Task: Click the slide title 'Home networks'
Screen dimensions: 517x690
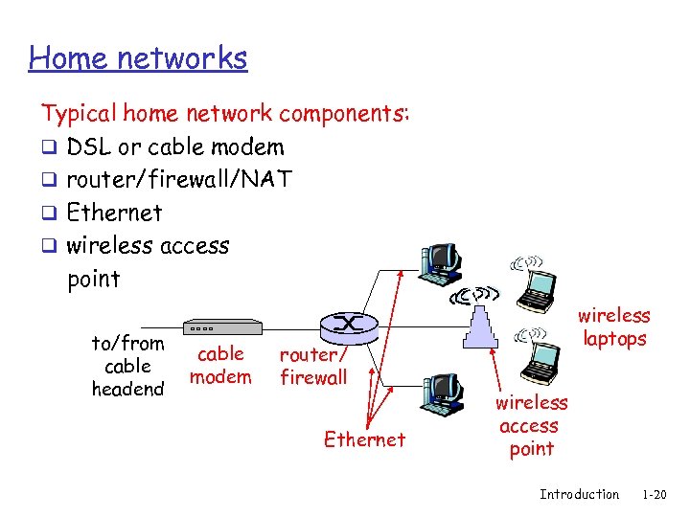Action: point(138,58)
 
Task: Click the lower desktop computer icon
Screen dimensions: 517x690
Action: point(442,393)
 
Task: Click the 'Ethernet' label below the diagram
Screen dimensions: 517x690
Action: point(364,439)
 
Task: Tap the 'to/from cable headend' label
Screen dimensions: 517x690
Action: point(127,366)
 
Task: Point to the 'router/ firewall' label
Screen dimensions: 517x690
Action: point(313,366)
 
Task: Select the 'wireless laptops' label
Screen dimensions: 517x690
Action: point(614,326)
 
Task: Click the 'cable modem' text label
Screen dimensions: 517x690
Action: point(220,365)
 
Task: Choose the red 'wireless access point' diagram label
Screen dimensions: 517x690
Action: point(531,425)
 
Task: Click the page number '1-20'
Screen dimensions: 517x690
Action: point(655,495)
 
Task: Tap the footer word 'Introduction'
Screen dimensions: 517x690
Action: point(579,495)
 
